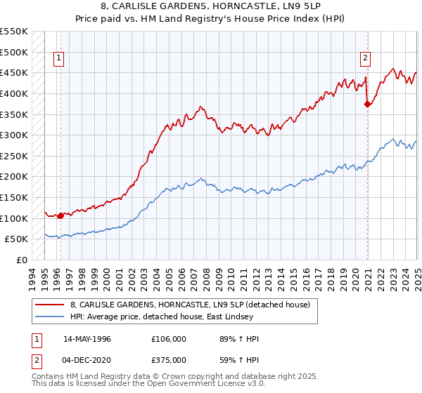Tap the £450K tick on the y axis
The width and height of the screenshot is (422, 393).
[13, 72]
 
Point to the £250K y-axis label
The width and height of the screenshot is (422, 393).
[13, 156]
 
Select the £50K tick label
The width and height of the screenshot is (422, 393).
[16, 239]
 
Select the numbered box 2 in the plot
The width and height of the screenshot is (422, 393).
[366, 58]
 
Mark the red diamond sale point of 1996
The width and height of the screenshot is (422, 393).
[61, 215]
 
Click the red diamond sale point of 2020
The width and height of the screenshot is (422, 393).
[367, 104]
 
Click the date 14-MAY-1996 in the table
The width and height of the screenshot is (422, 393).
[87, 339]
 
